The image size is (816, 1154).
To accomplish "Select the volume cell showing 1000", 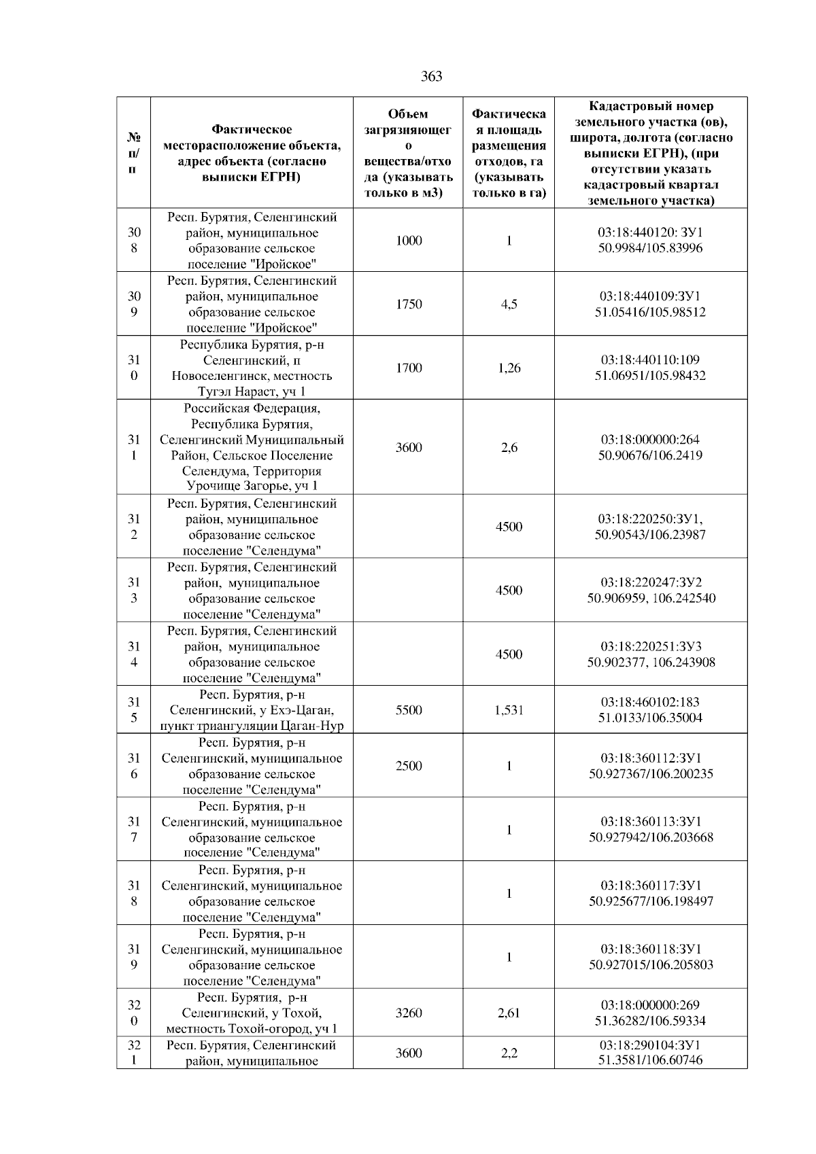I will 409,241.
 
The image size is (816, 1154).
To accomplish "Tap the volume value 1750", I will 409,304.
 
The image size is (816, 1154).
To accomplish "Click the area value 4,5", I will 509,304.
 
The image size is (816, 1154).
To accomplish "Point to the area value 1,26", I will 509,368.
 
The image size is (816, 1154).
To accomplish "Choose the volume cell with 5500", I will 409,710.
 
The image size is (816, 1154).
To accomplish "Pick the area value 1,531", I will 509,710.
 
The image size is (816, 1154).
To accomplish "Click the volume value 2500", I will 409,766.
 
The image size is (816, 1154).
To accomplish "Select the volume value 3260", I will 409,1013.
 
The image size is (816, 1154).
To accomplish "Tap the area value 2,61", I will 509,1013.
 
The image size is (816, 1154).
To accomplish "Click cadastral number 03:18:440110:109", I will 650,360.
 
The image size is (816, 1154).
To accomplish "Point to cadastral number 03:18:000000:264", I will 650,440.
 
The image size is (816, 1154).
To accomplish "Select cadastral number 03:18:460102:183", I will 650,702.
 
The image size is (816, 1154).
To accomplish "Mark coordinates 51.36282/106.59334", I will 650,1021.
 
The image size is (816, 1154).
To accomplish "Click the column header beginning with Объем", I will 408,154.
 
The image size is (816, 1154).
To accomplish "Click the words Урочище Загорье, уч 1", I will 252,486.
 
